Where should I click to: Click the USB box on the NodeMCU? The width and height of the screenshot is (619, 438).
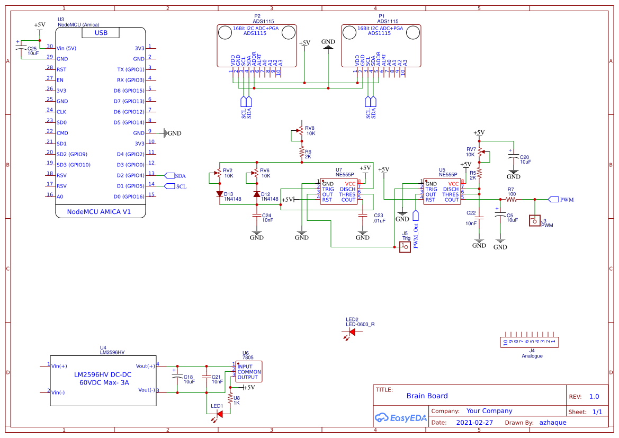pos(100,33)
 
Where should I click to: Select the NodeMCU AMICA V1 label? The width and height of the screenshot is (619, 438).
pos(99,212)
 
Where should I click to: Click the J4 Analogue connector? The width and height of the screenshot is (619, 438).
pos(531,343)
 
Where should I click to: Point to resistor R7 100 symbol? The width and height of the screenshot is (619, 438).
pos(510,199)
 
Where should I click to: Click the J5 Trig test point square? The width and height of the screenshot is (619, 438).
pos(405,247)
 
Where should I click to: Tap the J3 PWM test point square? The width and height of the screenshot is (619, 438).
pos(534,220)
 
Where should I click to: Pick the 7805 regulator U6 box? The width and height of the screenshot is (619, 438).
pos(248,371)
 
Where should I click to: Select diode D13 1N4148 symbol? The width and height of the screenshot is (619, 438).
pos(220,194)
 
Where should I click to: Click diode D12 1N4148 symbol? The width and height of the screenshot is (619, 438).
pos(257,194)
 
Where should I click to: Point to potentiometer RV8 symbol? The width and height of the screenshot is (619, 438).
pos(300,130)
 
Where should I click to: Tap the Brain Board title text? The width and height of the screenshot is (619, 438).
pos(427,396)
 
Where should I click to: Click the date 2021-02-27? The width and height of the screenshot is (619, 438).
pos(474,423)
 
